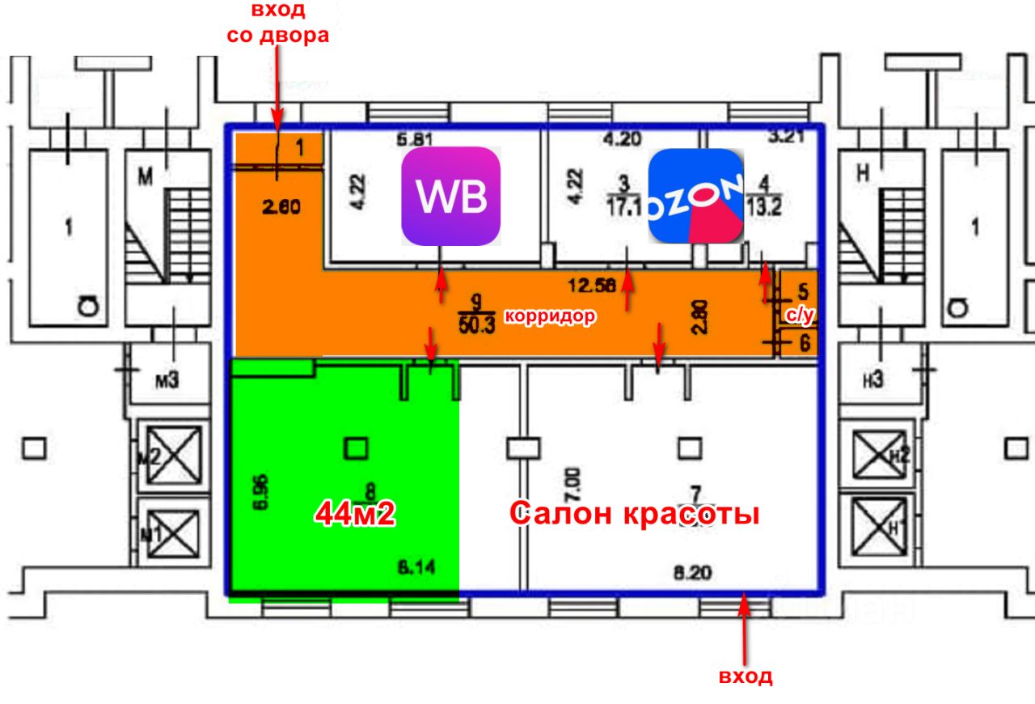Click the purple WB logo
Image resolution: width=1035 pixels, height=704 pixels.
click(451, 197)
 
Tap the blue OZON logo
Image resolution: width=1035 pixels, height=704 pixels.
click(695, 196)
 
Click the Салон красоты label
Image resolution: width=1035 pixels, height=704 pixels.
click(635, 513)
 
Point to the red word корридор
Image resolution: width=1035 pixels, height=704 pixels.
click(550, 316)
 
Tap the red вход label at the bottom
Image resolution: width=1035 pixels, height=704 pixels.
click(746, 676)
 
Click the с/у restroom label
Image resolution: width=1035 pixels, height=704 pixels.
click(800, 318)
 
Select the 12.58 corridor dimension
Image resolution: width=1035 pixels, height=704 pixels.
click(591, 284)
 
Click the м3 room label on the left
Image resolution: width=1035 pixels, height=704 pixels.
click(166, 380)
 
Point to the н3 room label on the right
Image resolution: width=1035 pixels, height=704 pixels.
click(872, 380)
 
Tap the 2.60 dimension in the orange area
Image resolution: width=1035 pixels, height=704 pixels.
click(281, 207)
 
